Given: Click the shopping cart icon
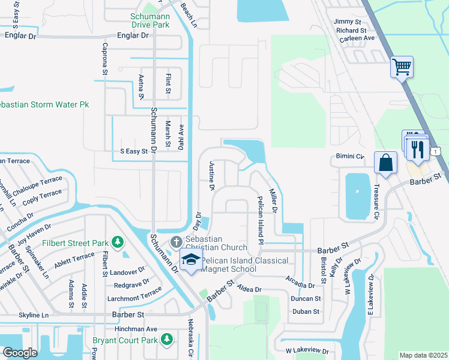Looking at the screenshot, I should (x=401, y=66).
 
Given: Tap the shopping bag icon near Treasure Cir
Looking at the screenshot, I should (x=385, y=163).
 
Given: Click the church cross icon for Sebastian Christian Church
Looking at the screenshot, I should (x=176, y=242).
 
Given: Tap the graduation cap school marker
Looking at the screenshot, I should (x=190, y=260).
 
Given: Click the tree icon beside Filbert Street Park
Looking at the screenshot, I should (x=119, y=242).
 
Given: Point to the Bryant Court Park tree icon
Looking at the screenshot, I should (x=167, y=340).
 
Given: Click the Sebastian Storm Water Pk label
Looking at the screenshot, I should (x=44, y=104).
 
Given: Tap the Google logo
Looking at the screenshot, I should (x=20, y=353).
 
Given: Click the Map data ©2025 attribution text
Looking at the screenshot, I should (x=423, y=355).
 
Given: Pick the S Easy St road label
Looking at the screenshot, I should (x=134, y=151).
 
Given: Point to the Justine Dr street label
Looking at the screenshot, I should (x=211, y=176).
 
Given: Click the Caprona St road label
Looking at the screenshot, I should (x=104, y=59).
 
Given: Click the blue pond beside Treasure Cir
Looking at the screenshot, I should (x=357, y=195).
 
